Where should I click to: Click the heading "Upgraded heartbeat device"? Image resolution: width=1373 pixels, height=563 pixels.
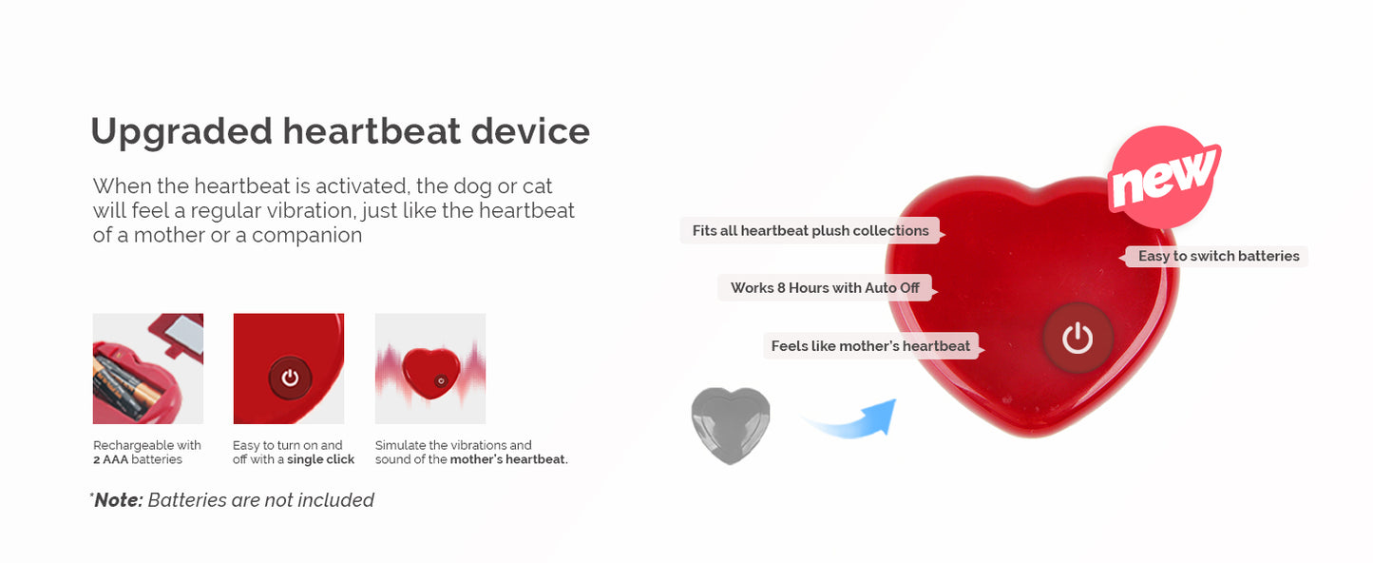[340, 132]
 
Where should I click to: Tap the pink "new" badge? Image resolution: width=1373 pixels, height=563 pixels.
[1163, 178]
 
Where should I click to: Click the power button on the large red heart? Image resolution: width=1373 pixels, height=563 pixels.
[1077, 338]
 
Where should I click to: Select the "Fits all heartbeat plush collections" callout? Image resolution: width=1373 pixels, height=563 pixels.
[810, 230]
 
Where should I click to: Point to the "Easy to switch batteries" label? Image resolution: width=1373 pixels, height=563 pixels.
[1217, 256]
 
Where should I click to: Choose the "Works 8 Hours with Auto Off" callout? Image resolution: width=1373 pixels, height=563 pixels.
[825, 287]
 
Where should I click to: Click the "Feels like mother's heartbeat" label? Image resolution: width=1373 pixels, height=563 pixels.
[871, 346]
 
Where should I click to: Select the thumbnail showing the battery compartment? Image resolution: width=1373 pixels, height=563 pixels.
[147, 369]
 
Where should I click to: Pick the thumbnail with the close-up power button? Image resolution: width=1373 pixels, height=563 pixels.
[289, 369]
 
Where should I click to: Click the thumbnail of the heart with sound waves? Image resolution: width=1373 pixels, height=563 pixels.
[430, 369]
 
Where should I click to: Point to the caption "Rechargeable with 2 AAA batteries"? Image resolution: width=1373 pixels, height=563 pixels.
[147, 452]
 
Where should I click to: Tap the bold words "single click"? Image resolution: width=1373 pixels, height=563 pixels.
[320, 459]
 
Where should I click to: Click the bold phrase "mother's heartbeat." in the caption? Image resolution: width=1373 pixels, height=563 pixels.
[508, 459]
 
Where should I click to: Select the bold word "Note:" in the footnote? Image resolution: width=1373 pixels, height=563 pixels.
[119, 500]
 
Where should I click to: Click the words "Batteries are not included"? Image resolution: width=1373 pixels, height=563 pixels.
[261, 500]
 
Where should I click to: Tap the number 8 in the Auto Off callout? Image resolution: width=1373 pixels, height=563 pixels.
[781, 287]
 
